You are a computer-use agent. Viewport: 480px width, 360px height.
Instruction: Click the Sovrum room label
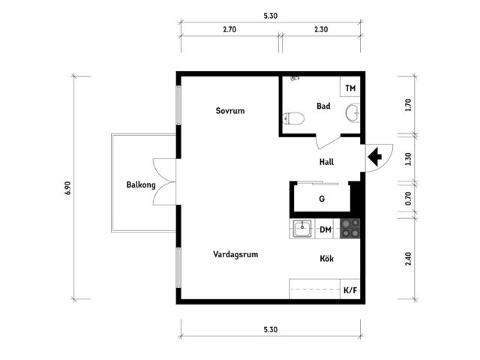tap(230, 111)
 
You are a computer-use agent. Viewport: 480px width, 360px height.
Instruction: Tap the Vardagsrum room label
tap(235, 254)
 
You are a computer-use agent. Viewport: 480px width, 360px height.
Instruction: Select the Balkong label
tap(141, 184)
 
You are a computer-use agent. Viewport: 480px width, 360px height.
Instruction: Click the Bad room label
tap(323, 106)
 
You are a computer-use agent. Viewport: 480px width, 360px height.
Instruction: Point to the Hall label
tap(326, 161)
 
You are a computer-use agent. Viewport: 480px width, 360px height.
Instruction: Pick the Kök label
tap(327, 259)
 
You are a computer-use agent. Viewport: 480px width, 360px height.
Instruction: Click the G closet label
tap(322, 199)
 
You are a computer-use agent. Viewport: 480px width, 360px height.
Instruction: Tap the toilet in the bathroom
tap(294, 118)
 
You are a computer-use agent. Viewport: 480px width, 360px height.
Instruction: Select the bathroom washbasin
tap(352, 113)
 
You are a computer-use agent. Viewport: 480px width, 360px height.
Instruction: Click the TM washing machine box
tap(350, 88)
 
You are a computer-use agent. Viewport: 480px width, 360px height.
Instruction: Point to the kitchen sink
tap(303, 229)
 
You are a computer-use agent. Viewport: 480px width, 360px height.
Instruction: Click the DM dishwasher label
tap(325, 229)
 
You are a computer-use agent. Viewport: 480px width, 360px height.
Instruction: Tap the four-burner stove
tap(349, 229)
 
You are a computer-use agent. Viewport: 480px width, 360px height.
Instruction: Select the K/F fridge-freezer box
tap(350, 290)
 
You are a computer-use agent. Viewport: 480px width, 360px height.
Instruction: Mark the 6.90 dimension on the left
tap(68, 187)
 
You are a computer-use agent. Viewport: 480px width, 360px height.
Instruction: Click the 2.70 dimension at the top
tap(230, 29)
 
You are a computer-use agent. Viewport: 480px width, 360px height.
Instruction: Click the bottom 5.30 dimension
tap(271, 329)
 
